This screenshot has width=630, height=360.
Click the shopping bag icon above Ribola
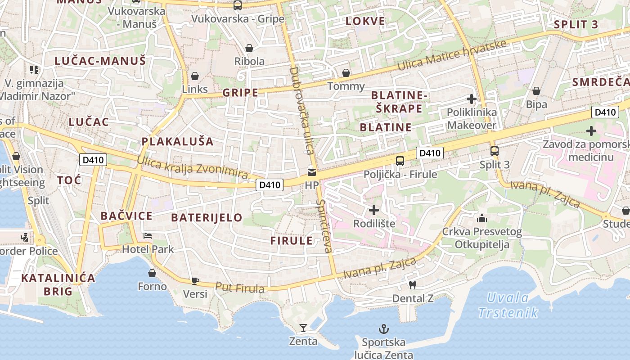coord(249,48)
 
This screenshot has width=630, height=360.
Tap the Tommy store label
coord(346,86)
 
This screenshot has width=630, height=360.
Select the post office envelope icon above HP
coord(311,172)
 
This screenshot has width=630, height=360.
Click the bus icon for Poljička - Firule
coord(400,161)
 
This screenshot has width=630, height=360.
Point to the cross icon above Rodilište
coord(374,210)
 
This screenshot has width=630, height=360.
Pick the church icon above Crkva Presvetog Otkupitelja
coord(482,219)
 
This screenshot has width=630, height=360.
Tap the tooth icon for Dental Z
coord(412,285)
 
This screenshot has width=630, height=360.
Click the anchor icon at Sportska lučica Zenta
coord(384,329)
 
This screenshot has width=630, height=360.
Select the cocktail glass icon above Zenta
coord(303,328)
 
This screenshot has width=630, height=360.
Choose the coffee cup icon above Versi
coord(195,281)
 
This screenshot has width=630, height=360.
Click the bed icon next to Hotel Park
coord(148,235)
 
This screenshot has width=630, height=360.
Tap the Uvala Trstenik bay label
coord(508,305)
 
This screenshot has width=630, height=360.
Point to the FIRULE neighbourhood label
coord(291,240)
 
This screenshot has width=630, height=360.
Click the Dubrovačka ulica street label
coord(301,110)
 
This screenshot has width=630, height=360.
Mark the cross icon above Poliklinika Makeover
coord(472,99)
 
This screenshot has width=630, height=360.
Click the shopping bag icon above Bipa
coord(536,91)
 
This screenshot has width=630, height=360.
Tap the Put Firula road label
coord(239,287)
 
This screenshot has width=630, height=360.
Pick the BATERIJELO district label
coord(207,218)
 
